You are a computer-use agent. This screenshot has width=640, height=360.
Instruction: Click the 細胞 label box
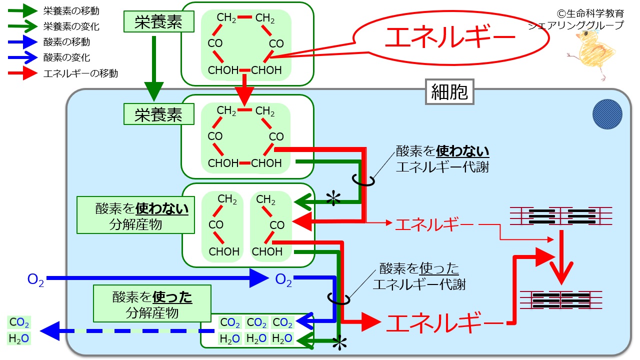[449, 91]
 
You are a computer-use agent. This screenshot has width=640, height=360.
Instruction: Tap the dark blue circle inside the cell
[607, 114]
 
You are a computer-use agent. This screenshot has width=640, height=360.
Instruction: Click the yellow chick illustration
[593, 53]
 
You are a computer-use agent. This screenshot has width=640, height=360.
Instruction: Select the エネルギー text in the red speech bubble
[449, 37]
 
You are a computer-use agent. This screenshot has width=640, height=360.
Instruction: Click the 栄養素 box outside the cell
[159, 21]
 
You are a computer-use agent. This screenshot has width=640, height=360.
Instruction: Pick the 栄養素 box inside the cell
[159, 114]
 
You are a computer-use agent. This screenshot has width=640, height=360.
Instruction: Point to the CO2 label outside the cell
[19, 322]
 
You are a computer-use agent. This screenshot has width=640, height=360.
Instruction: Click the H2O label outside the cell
[19, 338]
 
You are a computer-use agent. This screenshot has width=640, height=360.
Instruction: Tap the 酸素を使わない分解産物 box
[135, 215]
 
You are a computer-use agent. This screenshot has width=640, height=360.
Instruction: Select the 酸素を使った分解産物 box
[152, 303]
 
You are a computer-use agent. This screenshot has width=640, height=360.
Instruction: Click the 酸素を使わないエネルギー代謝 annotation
[442, 159]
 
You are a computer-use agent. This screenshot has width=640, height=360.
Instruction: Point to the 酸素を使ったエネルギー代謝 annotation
[419, 276]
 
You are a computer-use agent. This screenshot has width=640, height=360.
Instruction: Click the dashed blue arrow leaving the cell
[127, 331]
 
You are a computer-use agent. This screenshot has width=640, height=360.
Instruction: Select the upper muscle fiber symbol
[561, 216]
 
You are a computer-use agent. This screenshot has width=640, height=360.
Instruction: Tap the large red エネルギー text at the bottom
[445, 323]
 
